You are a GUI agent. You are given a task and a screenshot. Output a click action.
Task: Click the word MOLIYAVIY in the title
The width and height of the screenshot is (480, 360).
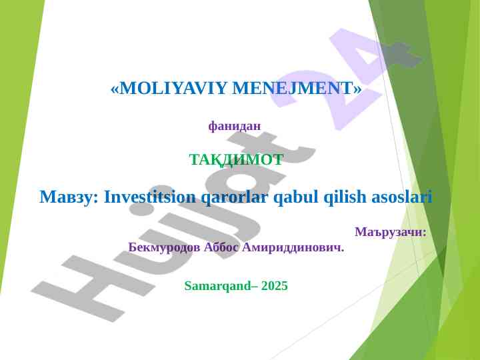click(173, 88)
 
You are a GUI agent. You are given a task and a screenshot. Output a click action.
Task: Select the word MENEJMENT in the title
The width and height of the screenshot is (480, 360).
click(293, 88)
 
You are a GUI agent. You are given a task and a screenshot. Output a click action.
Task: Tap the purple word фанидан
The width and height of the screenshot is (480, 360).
click(235, 125)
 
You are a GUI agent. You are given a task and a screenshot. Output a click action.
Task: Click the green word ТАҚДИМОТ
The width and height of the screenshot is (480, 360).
click(236, 159)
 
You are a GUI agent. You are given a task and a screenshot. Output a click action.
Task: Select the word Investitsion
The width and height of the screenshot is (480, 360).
click(150, 197)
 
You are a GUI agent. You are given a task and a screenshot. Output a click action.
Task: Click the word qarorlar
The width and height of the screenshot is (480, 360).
click(234, 197)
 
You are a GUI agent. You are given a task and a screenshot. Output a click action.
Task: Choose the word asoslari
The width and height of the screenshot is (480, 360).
click(402, 197)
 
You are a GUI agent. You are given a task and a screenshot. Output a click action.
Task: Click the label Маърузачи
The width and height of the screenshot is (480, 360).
click(391, 232)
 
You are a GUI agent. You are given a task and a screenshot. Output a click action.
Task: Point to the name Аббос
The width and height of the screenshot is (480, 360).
click(221, 247)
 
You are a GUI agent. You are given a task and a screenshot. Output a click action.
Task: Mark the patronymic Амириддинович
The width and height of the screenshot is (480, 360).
click(293, 247)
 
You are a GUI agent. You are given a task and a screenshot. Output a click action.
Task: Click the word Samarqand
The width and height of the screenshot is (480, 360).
click(218, 286)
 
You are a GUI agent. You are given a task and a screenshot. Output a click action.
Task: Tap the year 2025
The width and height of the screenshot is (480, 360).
click(275, 285)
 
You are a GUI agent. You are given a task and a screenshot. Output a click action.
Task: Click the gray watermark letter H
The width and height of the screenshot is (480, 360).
click(92, 288)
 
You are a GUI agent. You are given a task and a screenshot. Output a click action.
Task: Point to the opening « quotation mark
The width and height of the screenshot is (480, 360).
click(115, 89)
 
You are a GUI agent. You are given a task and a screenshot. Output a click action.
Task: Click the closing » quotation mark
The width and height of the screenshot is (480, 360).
click(357, 89)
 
